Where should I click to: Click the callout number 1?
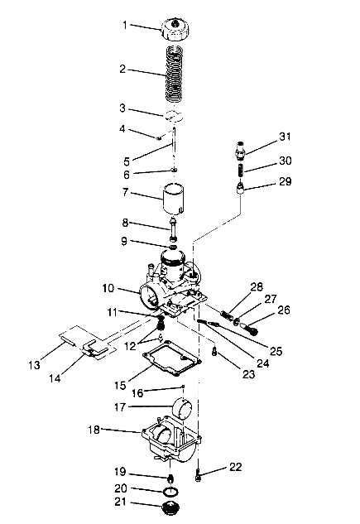[125, 26]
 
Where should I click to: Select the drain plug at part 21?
[172, 506]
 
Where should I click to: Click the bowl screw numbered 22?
[199, 476]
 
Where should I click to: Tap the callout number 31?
[286, 137]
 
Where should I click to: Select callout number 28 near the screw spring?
[257, 287]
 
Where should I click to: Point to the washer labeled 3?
[173, 116]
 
